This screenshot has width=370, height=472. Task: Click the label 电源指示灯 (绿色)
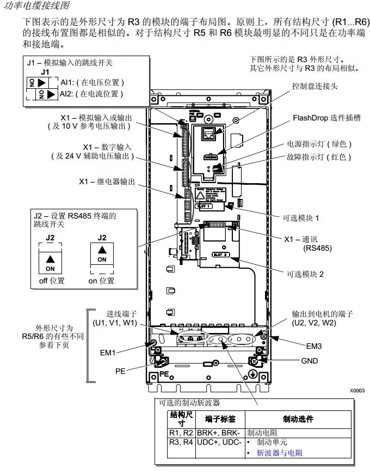click(x=319, y=144)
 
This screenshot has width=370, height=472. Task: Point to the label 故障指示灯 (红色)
click(x=319, y=157)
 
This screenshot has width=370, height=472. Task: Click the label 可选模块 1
click(x=301, y=217)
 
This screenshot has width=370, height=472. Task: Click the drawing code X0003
click(x=357, y=391)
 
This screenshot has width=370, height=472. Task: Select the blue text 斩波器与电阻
click(x=280, y=453)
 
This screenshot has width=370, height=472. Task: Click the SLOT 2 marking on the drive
click(x=219, y=255)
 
